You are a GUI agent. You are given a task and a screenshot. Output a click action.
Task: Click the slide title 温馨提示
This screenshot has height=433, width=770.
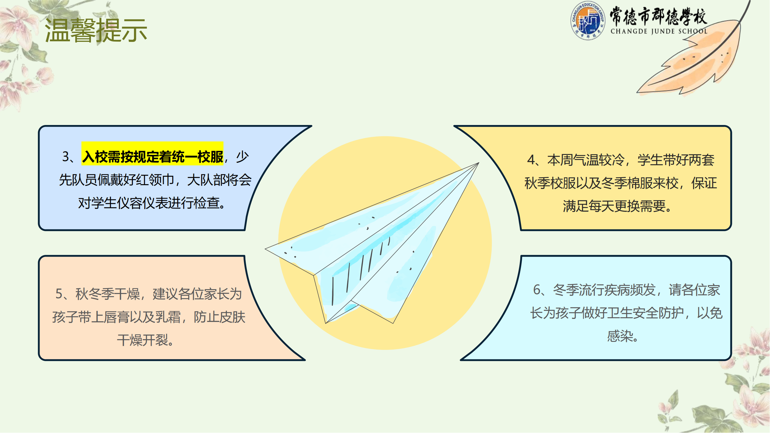point(96,30)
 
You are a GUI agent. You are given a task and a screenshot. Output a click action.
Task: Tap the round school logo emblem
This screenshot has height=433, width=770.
point(588,20)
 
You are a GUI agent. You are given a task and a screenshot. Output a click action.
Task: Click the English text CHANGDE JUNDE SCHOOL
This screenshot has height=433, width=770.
point(659,31)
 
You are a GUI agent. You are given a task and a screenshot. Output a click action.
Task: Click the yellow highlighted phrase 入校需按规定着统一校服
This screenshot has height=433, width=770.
point(152,156)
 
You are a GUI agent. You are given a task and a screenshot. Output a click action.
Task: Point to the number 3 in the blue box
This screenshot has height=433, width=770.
point(66,156)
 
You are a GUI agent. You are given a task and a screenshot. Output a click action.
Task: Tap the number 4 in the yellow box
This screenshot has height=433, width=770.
point(531,160)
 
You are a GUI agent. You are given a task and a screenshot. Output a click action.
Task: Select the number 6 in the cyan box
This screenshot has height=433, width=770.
point(537,290)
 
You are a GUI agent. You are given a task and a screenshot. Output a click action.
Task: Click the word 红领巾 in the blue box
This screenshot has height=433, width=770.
point(155,180)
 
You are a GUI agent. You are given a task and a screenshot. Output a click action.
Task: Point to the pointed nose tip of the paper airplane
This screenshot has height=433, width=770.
point(479,163)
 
